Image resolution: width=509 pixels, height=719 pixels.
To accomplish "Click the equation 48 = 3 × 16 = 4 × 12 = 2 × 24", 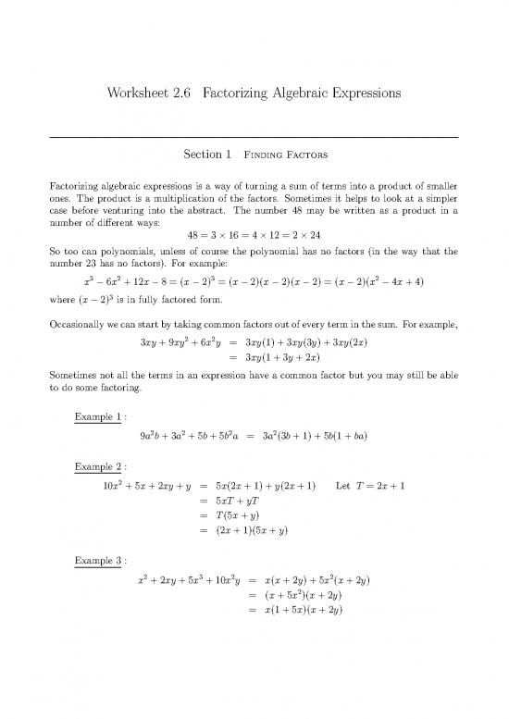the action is tap(254, 235).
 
